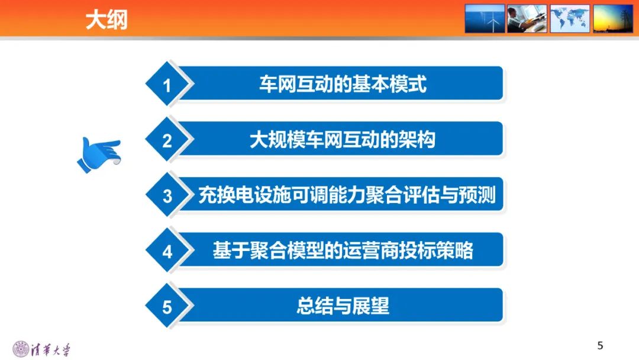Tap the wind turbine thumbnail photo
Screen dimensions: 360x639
click(x=485, y=18)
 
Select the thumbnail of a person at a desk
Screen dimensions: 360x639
click(x=527, y=18)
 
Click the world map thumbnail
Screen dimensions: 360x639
click(x=570, y=18)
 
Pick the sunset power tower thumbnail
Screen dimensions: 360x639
click(x=613, y=18)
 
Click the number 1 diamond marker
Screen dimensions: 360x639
click(x=167, y=85)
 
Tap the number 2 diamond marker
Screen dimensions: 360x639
click(x=167, y=141)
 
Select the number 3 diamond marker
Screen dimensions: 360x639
click(x=167, y=196)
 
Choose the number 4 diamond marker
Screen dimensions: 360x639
click(x=167, y=252)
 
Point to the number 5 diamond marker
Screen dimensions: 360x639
click(x=167, y=307)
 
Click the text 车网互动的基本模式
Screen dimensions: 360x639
click(x=343, y=84)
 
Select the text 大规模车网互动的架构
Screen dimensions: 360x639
click(x=343, y=140)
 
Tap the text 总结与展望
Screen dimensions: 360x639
click(x=343, y=306)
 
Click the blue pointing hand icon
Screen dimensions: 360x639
click(x=98, y=154)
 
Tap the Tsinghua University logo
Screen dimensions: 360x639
click(x=41, y=348)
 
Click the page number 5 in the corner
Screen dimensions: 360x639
click(x=600, y=346)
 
